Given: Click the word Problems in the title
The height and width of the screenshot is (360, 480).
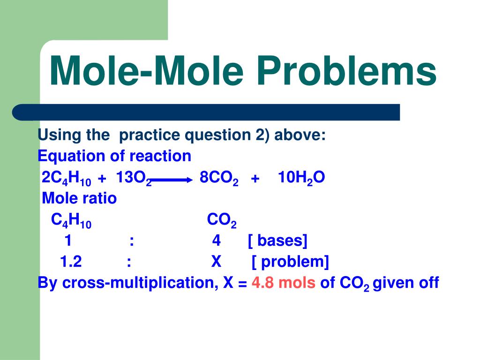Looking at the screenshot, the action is [346, 71].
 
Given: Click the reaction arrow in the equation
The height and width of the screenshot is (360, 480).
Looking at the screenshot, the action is [172, 180].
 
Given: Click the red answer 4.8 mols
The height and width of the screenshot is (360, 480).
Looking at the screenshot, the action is [284, 282].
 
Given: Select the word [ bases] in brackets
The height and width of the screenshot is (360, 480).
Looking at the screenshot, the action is [277, 240].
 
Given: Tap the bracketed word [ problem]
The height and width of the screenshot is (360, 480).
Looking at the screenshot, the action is [290, 262].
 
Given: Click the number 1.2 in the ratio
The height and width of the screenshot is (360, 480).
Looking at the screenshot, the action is [71, 262].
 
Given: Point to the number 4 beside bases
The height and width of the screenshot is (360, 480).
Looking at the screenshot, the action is [217, 240].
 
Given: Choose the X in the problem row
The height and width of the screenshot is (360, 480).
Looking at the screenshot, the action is [216, 262].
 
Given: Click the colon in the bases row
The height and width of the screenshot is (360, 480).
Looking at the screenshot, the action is [132, 241].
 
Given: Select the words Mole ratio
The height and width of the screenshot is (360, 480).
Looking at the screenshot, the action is [79, 198].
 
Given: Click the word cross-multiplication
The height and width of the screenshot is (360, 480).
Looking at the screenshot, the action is [140, 283].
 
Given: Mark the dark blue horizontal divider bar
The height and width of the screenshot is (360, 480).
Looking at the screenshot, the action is [206, 112].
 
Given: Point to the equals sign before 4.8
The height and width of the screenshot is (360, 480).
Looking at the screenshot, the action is [242, 284].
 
